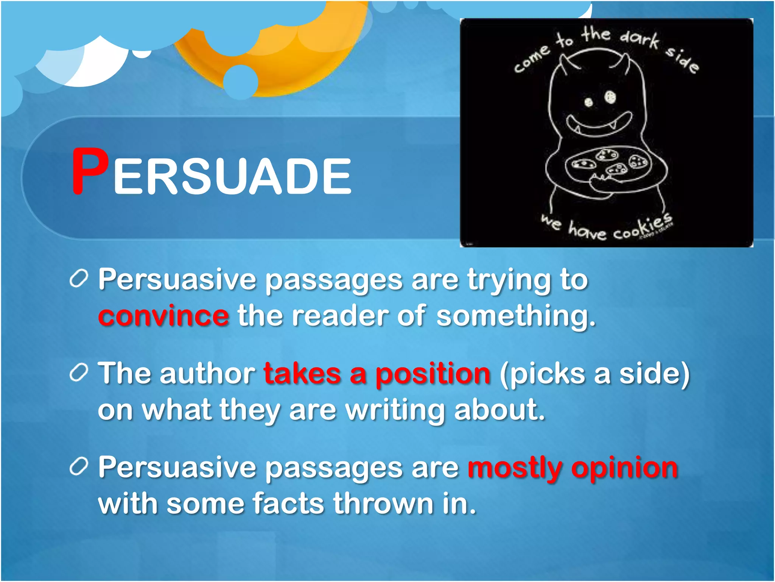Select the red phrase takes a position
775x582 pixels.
click(377, 374)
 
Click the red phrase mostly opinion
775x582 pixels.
click(573, 468)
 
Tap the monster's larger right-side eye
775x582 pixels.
click(610, 97)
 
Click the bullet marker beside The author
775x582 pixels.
click(79, 373)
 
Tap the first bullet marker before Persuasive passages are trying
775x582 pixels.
click(79, 280)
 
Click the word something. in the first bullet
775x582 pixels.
click(516, 316)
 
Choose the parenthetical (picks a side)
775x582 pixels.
click(594, 374)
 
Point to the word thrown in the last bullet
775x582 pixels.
click(383, 504)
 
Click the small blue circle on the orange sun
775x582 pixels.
click(240, 81)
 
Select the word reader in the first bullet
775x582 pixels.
click(340, 316)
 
